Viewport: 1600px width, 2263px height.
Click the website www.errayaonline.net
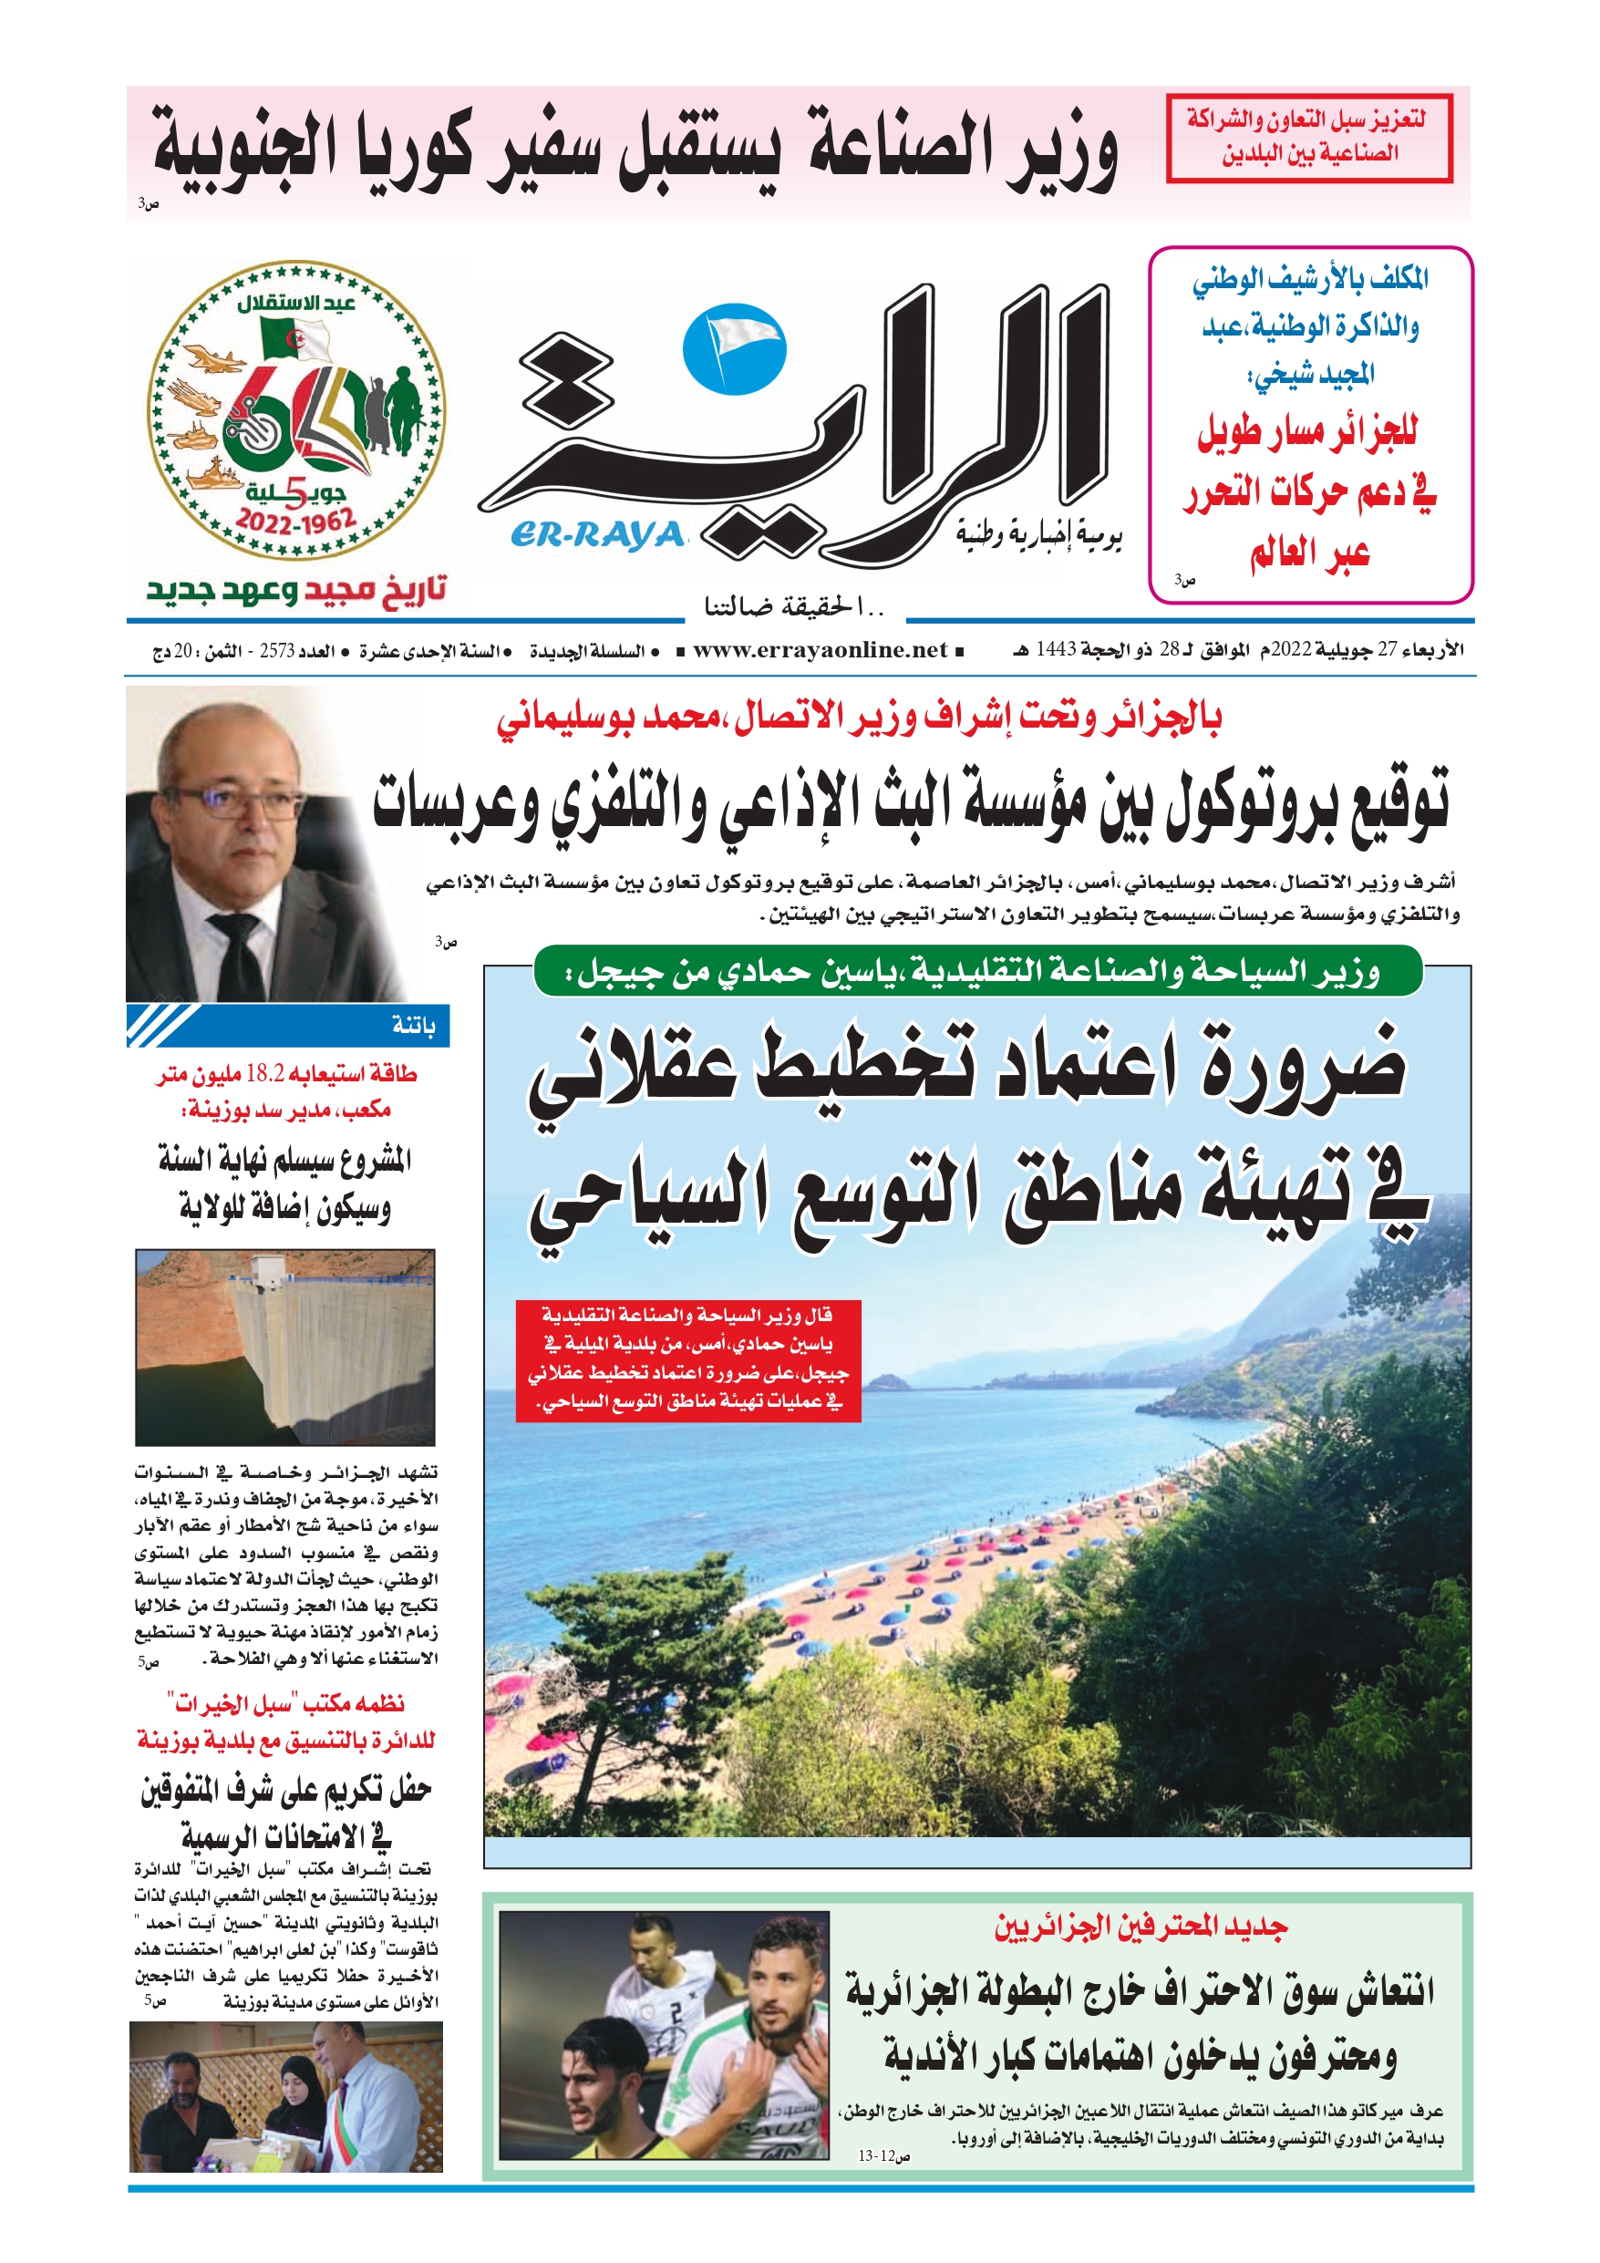click(x=820, y=650)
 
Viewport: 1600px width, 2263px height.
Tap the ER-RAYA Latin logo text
click(x=597, y=535)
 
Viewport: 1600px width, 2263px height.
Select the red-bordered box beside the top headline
click(x=1308, y=138)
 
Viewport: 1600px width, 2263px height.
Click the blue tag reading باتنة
click(x=413, y=1026)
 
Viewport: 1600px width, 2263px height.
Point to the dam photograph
click(x=285, y=1348)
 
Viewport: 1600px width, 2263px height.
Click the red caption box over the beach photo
click(x=688, y=1360)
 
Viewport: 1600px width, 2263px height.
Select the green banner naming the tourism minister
click(x=977, y=972)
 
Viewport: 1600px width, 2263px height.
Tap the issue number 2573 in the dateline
click(x=277, y=652)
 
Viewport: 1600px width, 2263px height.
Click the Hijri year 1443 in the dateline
click(x=1055, y=649)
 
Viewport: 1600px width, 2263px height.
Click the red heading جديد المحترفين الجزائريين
click(x=1141, y=1927)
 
